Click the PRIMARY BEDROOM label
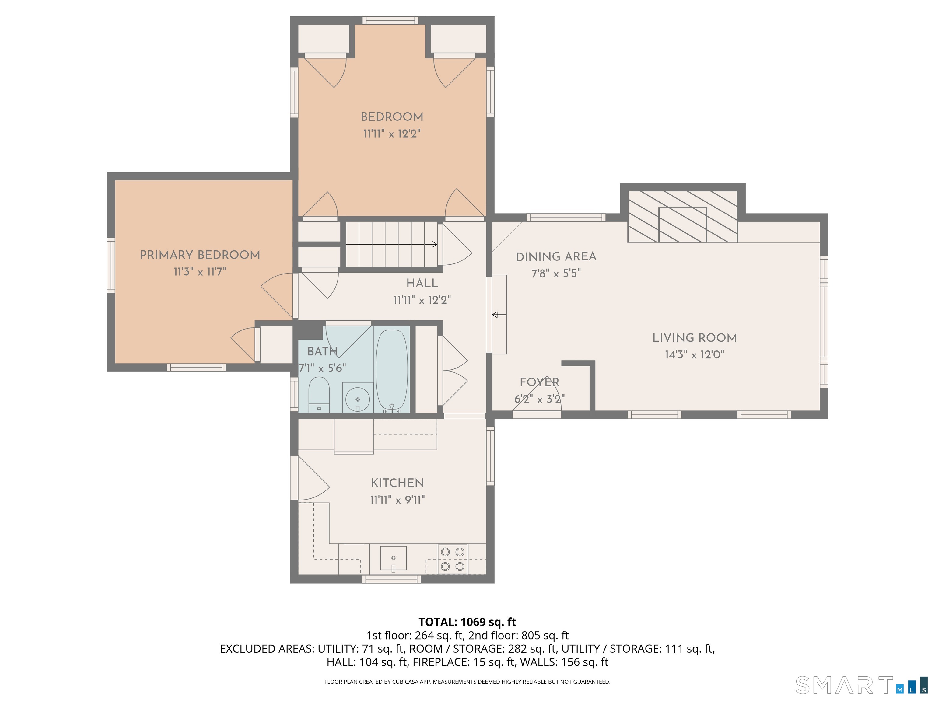[200, 255]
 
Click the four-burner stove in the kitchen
[452, 559]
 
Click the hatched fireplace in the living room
[683, 216]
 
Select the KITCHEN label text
[397, 483]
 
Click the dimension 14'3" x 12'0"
[695, 354]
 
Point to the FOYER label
[539, 382]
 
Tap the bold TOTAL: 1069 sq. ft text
[467, 622]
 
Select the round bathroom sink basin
[358, 399]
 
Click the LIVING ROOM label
[695, 338]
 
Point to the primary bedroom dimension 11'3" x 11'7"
[200, 272]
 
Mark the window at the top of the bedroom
[390, 20]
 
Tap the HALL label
[422, 283]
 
